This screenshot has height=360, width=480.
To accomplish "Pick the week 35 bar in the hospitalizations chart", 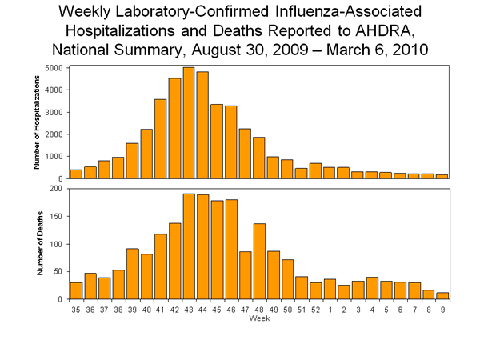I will (76, 174).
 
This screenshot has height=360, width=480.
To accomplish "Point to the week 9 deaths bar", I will (442, 295).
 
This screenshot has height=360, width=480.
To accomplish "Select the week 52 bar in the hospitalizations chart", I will (315, 170).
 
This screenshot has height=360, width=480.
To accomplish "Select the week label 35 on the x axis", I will (76, 308).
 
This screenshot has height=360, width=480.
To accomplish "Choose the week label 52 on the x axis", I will (315, 308).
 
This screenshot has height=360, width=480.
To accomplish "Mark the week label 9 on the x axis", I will (442, 308).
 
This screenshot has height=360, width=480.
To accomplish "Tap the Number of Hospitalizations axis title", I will (37, 122).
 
